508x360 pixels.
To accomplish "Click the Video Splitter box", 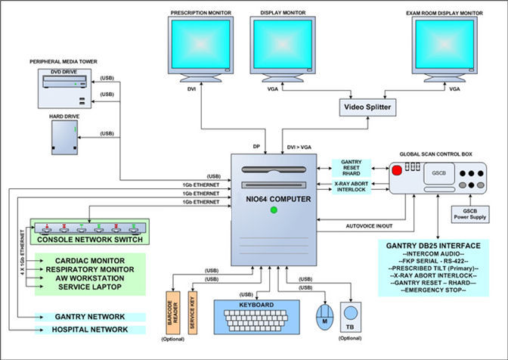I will click(367, 108).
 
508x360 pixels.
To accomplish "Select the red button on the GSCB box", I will click(395, 172).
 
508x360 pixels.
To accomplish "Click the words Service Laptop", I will click(77, 286).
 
